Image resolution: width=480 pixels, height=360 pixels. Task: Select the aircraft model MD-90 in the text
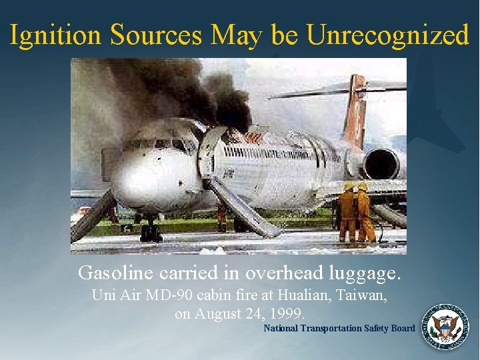pos(163,295)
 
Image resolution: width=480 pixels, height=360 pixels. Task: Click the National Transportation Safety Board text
pos(339,328)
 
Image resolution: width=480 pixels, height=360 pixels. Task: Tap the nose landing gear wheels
pos(151,233)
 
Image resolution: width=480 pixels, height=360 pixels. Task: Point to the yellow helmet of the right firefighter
pos(362,187)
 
